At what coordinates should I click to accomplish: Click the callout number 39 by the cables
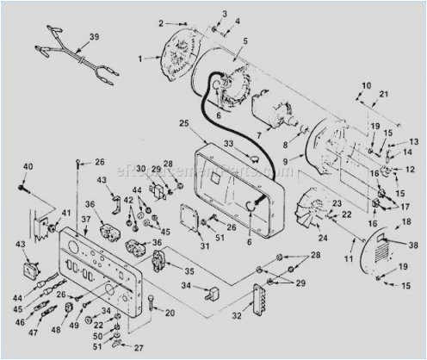point(94,36)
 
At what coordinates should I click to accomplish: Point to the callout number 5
point(244,40)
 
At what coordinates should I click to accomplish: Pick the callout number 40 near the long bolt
point(28,166)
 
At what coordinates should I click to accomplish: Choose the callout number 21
point(384,94)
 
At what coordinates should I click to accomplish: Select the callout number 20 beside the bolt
point(170,312)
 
